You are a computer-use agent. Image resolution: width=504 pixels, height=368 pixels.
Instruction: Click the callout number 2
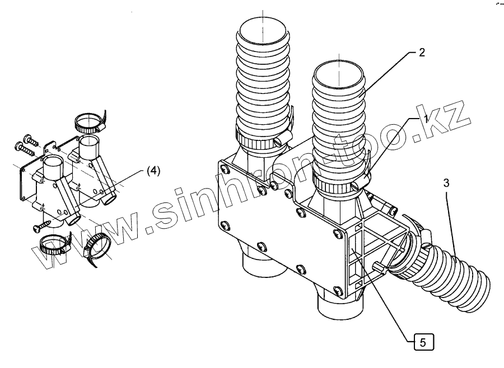[422, 53]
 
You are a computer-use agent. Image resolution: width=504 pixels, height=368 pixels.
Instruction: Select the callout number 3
[446, 183]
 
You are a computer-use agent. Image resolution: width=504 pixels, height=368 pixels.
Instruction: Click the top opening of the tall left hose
[262, 29]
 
